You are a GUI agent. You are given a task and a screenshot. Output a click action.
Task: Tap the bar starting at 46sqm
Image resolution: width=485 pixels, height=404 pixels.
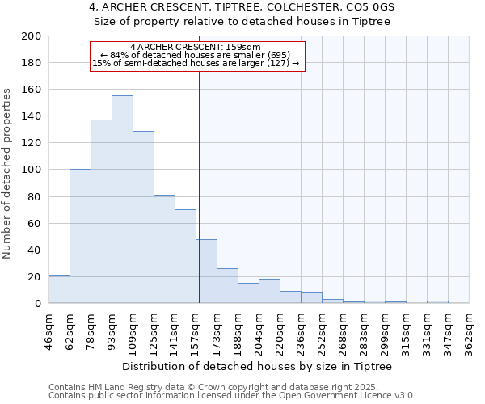point(59,289)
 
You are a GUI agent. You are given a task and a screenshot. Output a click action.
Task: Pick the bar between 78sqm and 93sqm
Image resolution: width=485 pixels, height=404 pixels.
point(101,212)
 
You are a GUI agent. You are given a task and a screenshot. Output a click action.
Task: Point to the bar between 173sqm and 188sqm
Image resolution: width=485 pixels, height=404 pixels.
point(227,286)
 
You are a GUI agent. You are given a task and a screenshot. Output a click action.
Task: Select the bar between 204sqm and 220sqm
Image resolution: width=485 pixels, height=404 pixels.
point(269,292)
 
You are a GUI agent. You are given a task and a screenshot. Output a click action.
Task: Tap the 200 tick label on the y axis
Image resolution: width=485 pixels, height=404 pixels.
point(32,36)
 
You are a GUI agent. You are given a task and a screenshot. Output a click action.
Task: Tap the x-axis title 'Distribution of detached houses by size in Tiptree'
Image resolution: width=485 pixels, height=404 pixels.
point(259,367)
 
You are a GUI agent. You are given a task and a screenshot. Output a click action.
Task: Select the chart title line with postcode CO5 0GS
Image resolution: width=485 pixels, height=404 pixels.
point(242,7)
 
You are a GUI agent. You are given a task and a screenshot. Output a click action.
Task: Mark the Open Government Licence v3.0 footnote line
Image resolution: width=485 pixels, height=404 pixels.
point(232,396)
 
